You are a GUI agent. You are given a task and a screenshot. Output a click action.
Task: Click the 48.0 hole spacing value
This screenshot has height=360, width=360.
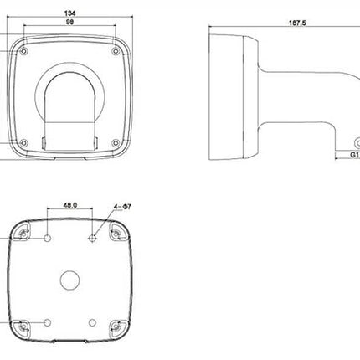click(69, 203)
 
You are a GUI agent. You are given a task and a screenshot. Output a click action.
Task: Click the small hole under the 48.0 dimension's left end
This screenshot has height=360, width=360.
click(49, 239)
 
